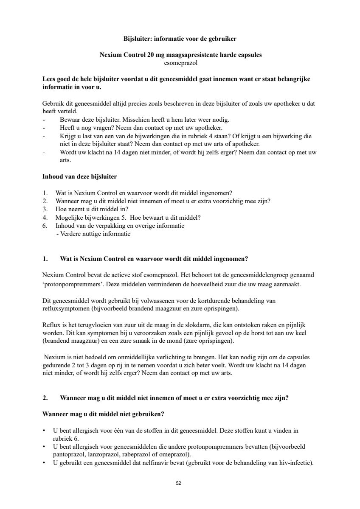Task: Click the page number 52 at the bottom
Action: pyautogui.click(x=178, y=483)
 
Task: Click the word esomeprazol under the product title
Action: pyautogui.click(x=180, y=63)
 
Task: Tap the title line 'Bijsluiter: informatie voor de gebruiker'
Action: pyautogui.click(x=180, y=39)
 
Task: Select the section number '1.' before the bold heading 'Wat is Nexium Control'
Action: pyautogui.click(x=45, y=259)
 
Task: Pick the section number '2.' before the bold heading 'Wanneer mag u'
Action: pyautogui.click(x=45, y=398)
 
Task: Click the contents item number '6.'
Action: pyautogui.click(x=45, y=226)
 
